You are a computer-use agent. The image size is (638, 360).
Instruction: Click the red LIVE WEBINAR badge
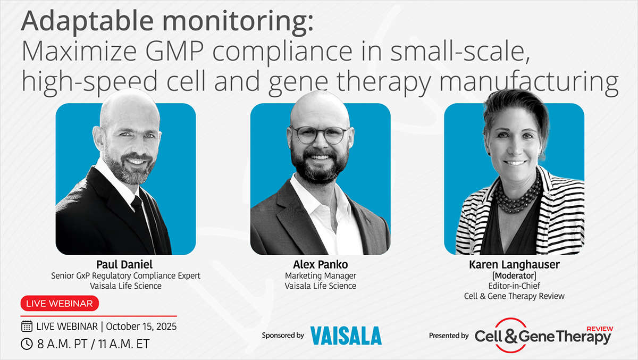pos(60,303)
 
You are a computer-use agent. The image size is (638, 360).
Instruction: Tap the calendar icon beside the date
pos(27,326)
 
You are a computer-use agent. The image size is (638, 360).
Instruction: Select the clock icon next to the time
pos(27,344)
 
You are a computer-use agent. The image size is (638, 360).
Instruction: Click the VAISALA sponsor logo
pos(346,336)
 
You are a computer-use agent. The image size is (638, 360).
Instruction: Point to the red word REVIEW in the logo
pos(600,329)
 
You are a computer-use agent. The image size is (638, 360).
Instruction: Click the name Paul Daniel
pos(124,265)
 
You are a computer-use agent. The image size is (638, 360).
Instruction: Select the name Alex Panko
pos(321,265)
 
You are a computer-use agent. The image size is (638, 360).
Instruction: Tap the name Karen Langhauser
pos(515,265)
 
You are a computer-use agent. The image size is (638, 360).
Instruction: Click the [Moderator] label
pos(515,275)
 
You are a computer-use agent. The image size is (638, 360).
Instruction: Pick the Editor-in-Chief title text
pos(515,286)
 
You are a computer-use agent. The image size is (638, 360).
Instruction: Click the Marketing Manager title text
pos(321,275)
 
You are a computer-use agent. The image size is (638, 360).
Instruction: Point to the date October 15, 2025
pos(141,326)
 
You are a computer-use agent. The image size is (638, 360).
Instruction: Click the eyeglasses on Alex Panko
pos(321,135)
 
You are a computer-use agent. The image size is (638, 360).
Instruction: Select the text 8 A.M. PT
pos(62,344)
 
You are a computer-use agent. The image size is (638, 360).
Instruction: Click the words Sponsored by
pos(283,336)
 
